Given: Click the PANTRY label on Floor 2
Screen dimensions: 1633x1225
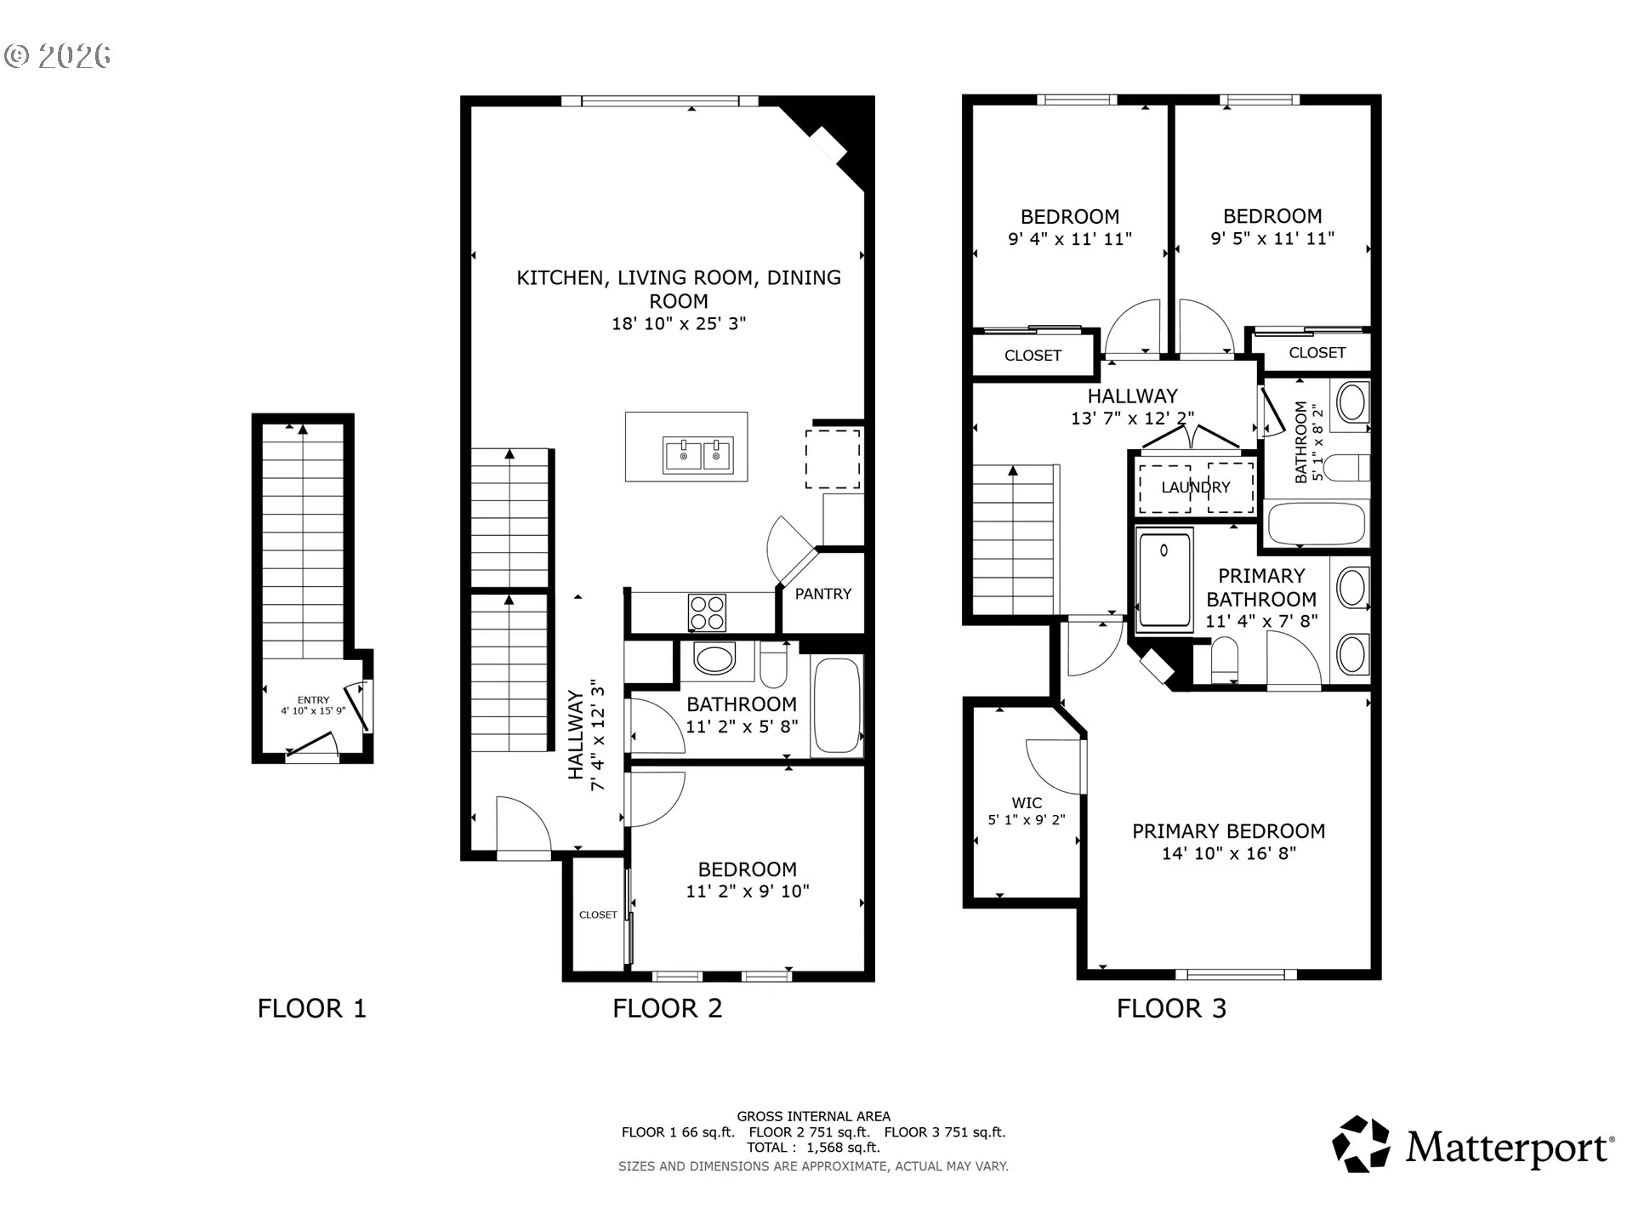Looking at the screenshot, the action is click(x=822, y=594).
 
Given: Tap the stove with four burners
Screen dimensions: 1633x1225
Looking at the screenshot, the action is click(x=707, y=612).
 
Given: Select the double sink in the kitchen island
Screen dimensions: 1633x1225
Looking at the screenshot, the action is click(x=698, y=455).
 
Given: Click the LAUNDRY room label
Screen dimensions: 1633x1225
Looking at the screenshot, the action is click(x=1196, y=487).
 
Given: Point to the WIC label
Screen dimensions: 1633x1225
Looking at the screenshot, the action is click(x=1027, y=803).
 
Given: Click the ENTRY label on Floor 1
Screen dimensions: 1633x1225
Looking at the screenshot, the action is click(x=313, y=700).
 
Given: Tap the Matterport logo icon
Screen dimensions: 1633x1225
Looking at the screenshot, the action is click(x=1361, y=1144).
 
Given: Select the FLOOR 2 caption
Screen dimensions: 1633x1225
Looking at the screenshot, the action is click(x=668, y=1009).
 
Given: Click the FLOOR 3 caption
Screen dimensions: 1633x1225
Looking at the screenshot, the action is click(x=1171, y=1009).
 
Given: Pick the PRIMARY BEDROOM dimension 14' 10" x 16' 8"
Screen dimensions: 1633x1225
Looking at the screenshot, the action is click(x=1229, y=853).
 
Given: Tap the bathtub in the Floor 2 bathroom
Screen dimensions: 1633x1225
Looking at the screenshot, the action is click(x=837, y=706).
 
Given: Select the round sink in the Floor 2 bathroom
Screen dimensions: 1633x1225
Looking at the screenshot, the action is click(x=714, y=659).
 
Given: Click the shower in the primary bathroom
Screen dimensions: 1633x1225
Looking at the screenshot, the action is click(x=1164, y=580).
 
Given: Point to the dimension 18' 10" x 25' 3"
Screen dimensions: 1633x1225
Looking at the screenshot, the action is click(x=679, y=323).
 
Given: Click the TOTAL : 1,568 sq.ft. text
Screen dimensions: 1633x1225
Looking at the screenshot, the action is click(x=813, y=1148).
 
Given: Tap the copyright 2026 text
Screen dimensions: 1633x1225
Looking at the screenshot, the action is click(x=58, y=56).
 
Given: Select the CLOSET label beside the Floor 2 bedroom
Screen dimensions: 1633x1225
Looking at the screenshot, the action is click(x=598, y=915).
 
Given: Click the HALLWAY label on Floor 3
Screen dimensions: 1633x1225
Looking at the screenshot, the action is click(x=1132, y=396).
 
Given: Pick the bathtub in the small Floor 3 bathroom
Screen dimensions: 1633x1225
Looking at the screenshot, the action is click(x=1317, y=524).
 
